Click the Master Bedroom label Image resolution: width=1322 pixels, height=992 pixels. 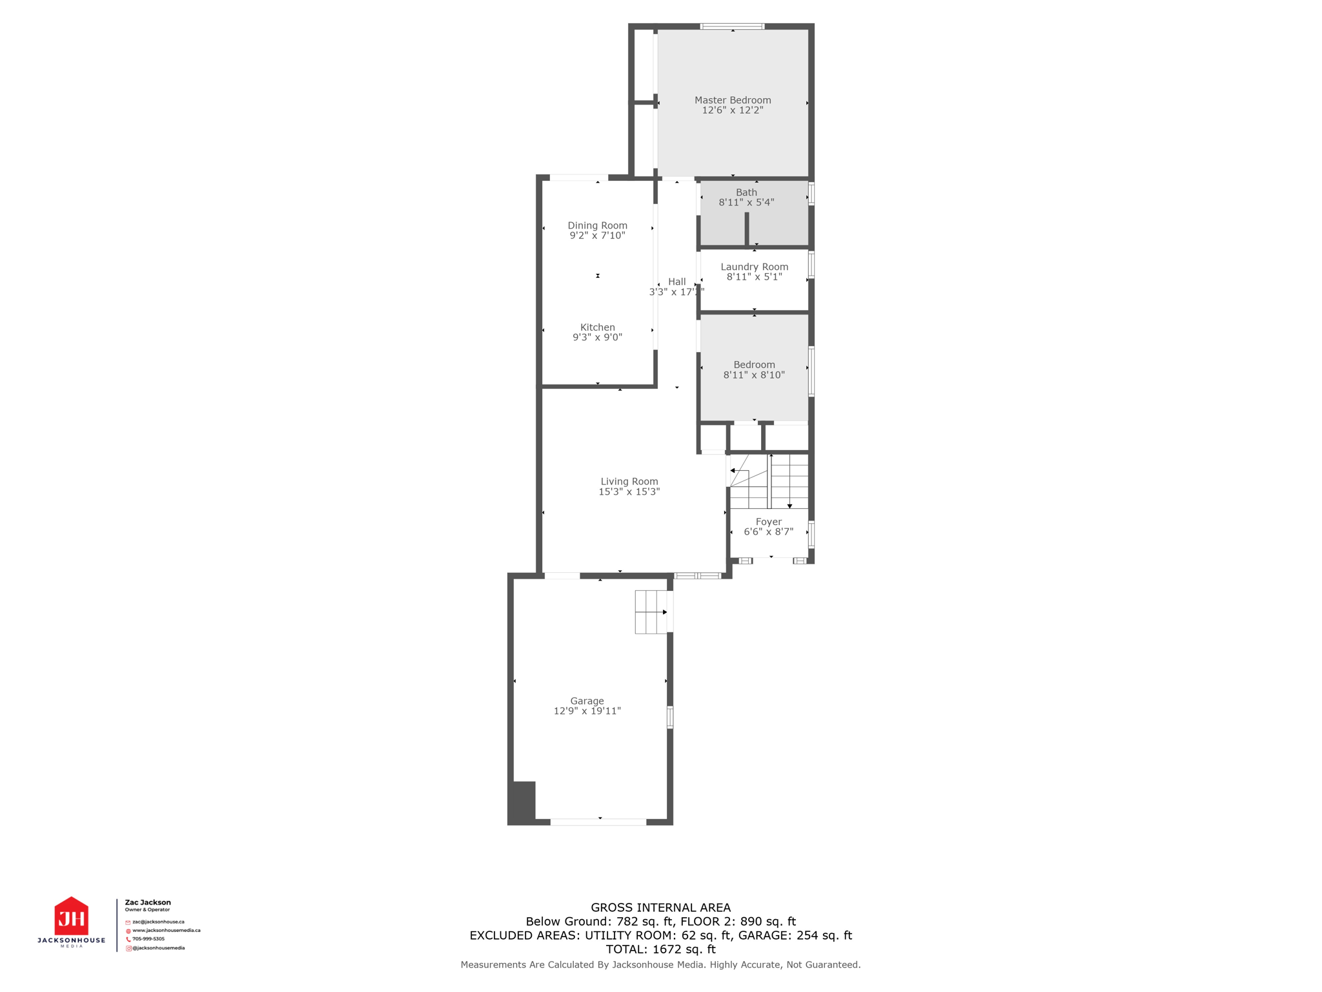coord(733,100)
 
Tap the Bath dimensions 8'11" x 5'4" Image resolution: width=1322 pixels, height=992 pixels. coord(746,202)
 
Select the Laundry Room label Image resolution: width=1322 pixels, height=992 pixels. coord(754,267)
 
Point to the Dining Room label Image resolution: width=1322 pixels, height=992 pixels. coord(597,225)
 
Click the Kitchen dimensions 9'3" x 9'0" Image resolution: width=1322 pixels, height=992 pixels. coord(597,337)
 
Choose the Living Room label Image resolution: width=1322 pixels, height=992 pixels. coord(629,481)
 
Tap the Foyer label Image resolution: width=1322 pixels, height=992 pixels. coord(768,522)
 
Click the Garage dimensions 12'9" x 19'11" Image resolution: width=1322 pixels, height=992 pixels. coord(587,711)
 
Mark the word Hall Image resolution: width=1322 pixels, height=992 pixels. coord(676,282)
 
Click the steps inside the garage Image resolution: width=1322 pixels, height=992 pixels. coord(651,612)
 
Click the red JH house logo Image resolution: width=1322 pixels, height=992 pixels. coord(71,916)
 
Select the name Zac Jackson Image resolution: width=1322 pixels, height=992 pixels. coord(148,902)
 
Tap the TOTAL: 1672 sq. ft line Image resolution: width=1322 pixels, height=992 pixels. coord(660,949)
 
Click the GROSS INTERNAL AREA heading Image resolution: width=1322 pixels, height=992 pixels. coord(660,907)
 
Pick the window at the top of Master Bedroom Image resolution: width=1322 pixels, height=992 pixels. coord(732,26)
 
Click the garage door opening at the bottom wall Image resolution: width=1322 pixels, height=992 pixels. coord(598,821)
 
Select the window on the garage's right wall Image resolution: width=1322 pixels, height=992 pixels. coord(670,717)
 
